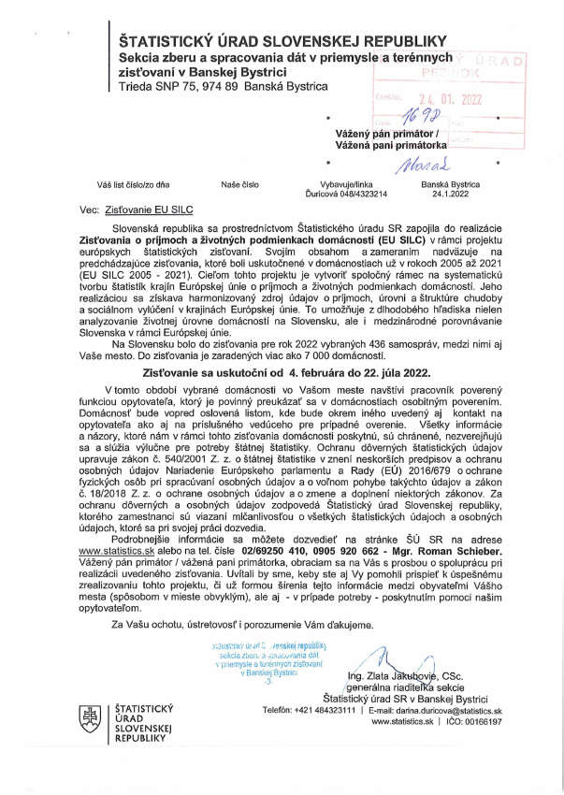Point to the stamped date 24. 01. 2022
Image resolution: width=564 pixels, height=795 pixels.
[440, 98]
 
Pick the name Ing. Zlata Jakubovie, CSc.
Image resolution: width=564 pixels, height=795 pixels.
[404, 674]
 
